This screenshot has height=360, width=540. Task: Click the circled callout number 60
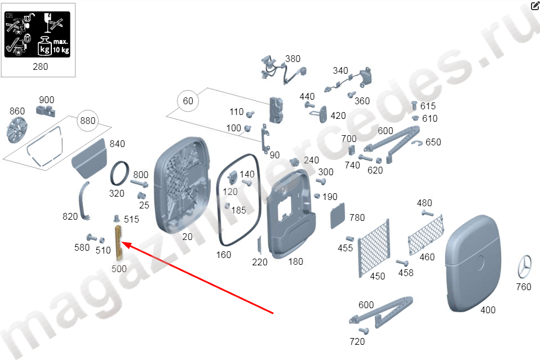(188, 101)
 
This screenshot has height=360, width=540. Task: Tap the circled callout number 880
(88, 121)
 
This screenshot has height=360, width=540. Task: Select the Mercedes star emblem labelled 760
(525, 266)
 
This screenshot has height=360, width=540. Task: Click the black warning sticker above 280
(37, 34)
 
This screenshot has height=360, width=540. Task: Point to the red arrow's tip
(122, 243)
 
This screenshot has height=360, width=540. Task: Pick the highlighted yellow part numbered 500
(119, 243)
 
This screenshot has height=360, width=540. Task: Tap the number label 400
(488, 310)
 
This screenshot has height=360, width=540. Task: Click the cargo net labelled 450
(374, 247)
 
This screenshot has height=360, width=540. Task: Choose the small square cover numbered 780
(338, 216)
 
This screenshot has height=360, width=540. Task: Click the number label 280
(40, 67)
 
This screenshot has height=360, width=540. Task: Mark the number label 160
(224, 255)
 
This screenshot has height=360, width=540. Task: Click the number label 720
(357, 342)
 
